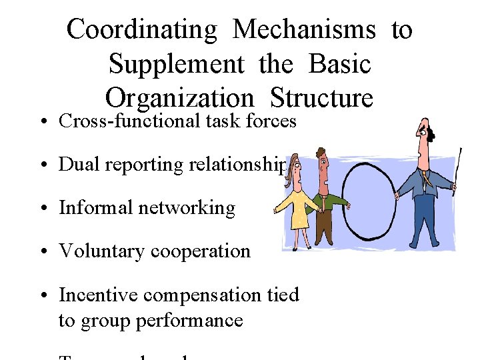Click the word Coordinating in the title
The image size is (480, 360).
click(141, 30)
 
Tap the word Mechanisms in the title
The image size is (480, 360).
click(305, 30)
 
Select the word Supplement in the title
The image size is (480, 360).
click(176, 65)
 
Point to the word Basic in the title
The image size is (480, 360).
click(339, 65)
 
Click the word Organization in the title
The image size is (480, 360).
click(179, 99)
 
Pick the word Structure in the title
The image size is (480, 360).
click(322, 99)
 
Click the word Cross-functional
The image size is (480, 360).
click(129, 121)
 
